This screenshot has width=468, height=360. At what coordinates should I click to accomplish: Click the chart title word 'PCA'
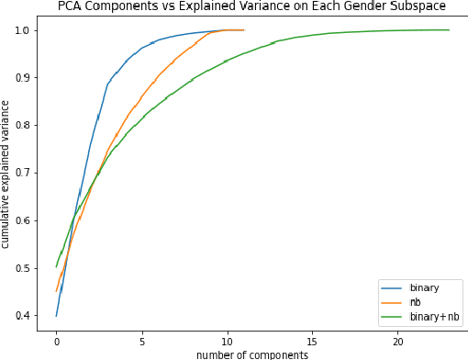tap(72, 6)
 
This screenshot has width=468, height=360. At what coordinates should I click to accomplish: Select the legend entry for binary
tap(423, 287)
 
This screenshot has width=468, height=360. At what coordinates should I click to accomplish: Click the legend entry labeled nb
tap(416, 302)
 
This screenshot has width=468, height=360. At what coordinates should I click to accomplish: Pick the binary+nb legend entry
tap(430, 317)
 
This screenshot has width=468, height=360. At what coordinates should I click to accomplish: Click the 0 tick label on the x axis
tap(57, 341)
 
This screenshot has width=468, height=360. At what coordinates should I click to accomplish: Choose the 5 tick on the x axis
tap(142, 341)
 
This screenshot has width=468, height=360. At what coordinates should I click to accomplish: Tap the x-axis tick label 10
tap(228, 341)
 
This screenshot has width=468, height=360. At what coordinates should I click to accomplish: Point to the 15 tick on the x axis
tap(313, 341)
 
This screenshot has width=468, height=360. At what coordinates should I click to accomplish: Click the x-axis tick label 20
tap(398, 341)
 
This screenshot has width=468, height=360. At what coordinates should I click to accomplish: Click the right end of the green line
tap(449, 30)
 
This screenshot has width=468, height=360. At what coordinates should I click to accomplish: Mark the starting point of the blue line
tap(57, 316)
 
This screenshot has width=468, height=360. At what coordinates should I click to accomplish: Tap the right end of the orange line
tap(244, 30)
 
